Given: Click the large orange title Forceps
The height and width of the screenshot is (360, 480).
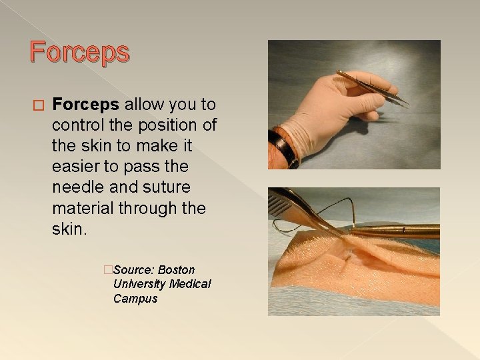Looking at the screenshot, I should point(79,53).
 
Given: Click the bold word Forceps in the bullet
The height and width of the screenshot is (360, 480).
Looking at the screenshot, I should point(86,105).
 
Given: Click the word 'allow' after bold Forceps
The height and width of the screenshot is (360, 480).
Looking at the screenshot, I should point(144,105).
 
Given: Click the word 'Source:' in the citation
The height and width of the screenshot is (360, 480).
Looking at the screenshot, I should point(134,270).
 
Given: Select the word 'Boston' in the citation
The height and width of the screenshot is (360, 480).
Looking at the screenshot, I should point(177,270).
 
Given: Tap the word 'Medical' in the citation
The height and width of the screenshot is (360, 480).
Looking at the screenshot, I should point(190,284).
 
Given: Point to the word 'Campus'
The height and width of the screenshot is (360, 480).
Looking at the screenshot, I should point(135,299).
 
